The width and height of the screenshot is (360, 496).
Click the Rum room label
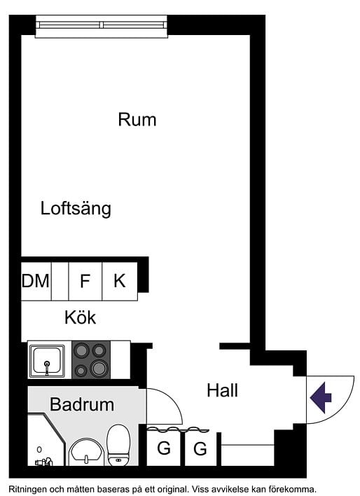click(x=137, y=119)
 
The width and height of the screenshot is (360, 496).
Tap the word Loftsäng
click(x=76, y=208)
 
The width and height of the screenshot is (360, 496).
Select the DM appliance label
click(x=36, y=281)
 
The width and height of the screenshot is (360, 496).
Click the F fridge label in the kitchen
click(x=85, y=281)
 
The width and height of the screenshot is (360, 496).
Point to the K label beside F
click(x=120, y=281)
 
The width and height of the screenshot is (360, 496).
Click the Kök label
click(x=80, y=317)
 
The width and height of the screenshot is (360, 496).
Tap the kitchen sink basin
click(x=47, y=359)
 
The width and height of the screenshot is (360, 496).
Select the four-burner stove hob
click(x=91, y=359)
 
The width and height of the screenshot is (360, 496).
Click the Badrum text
click(x=82, y=404)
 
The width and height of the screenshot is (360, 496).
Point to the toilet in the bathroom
click(x=118, y=444)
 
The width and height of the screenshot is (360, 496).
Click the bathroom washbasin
click(x=87, y=450)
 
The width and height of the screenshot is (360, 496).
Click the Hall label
click(x=222, y=390)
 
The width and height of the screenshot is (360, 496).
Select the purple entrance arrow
click(x=321, y=397)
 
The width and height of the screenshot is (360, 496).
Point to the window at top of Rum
click(x=102, y=25)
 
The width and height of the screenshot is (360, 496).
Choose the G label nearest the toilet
click(x=164, y=448)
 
